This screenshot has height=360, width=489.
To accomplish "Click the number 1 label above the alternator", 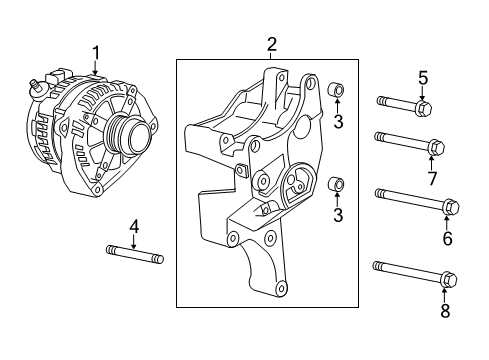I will [x=96, y=52].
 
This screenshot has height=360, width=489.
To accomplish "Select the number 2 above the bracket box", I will [x=271, y=44].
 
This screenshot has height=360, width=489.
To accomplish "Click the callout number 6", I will [x=447, y=238].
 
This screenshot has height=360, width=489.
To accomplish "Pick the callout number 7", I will [x=432, y=178].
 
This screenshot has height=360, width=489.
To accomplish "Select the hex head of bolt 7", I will [x=435, y=149].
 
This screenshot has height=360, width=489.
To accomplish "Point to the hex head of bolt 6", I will [x=448, y=208].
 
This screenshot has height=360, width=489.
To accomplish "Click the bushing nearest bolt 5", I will [x=338, y=94].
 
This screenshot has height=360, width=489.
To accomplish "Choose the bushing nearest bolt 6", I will [x=338, y=184].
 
